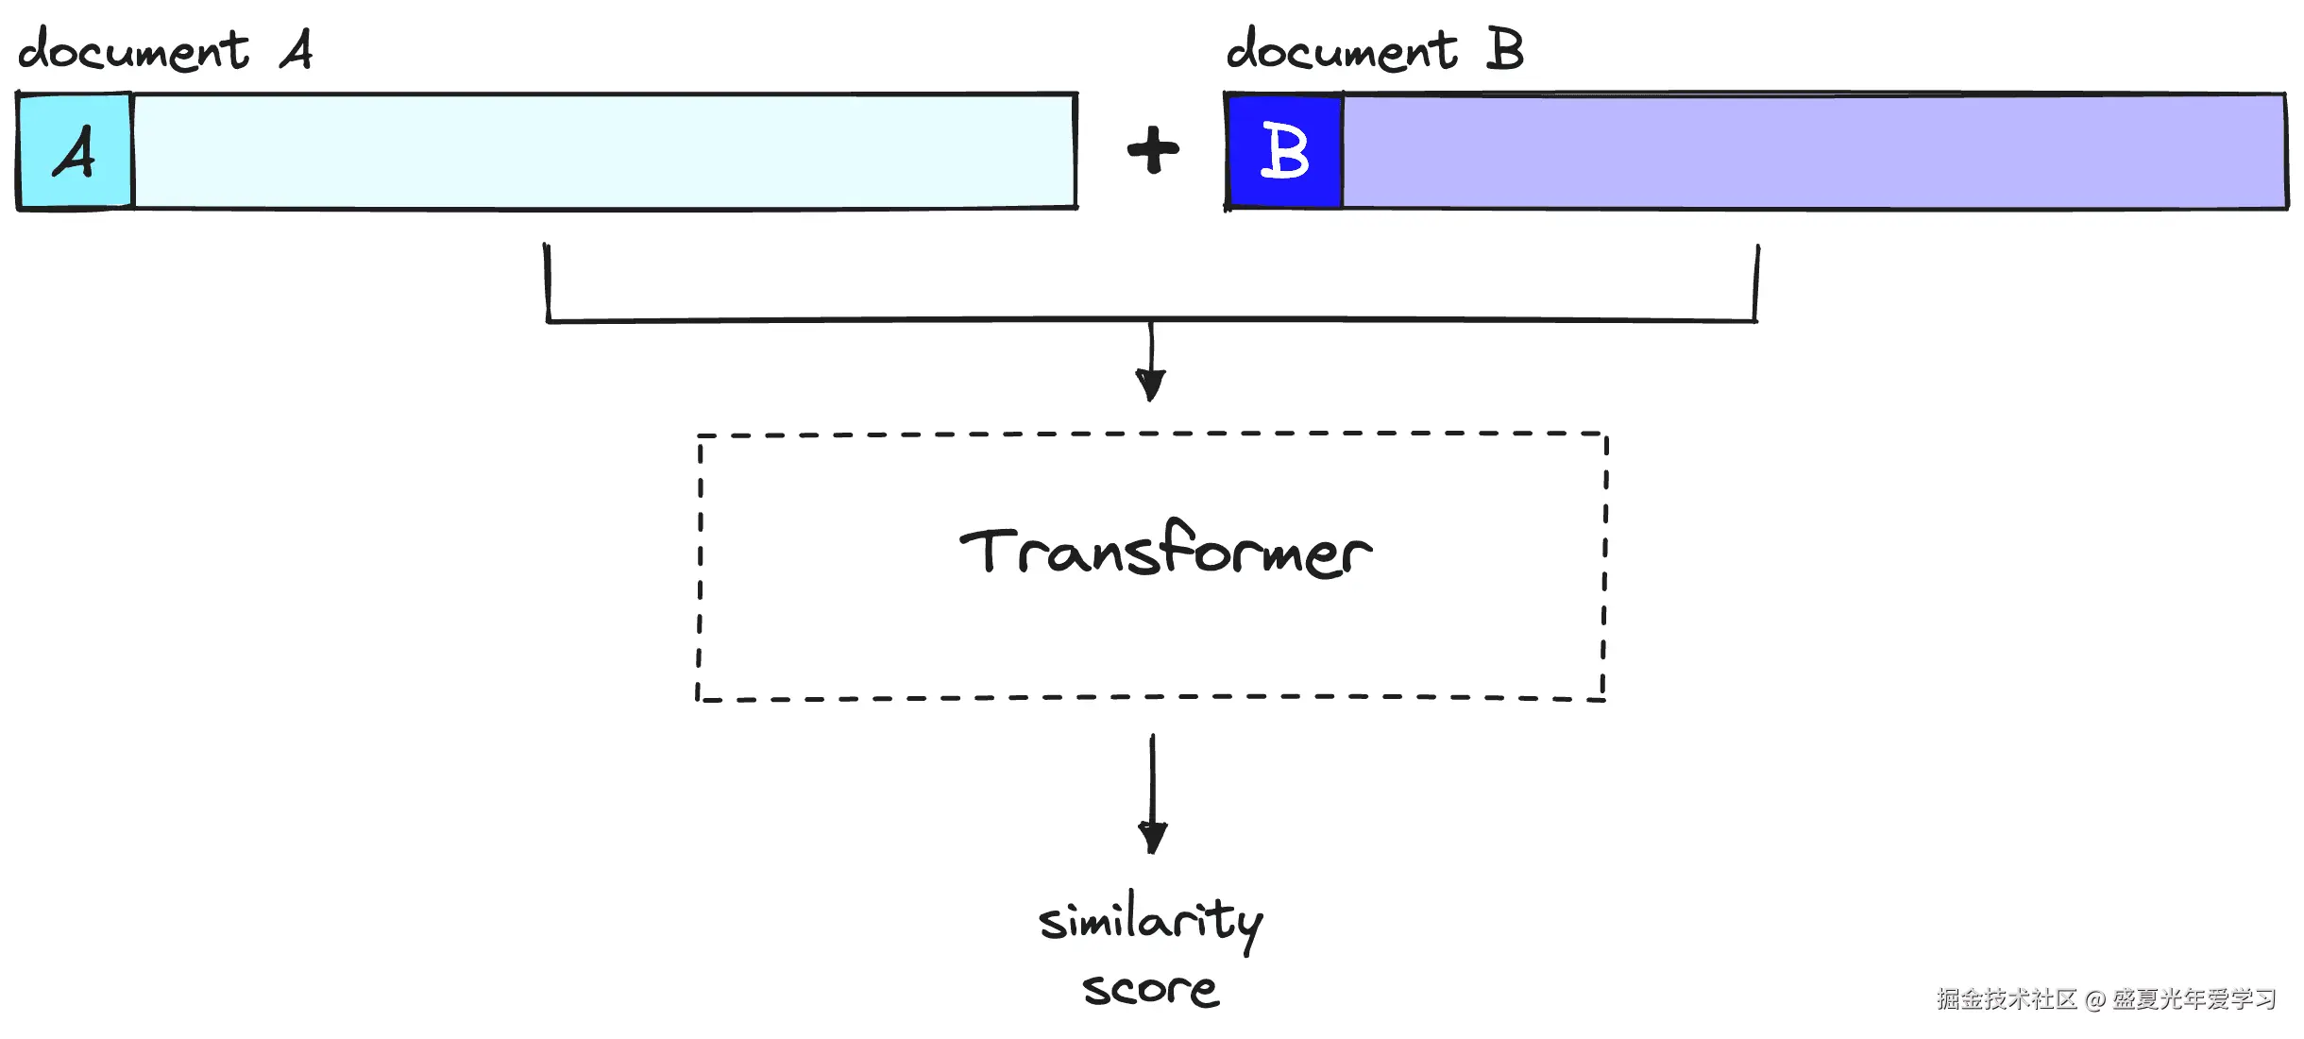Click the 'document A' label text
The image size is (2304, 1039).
165,50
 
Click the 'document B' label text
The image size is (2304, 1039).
1374,50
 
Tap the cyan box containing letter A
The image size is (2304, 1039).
76,151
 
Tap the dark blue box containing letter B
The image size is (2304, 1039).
1284,151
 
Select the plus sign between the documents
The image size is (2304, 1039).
1153,151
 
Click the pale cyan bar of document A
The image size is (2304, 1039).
604,151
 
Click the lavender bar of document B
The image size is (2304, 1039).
1813,151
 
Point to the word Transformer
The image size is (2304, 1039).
1166,553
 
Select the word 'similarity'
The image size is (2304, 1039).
1150,921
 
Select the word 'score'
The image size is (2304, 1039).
1150,990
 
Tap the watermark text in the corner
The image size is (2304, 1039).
2106,999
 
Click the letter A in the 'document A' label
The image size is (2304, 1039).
296,50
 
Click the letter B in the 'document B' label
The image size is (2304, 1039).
1504,50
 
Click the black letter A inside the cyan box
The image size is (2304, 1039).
76,153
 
